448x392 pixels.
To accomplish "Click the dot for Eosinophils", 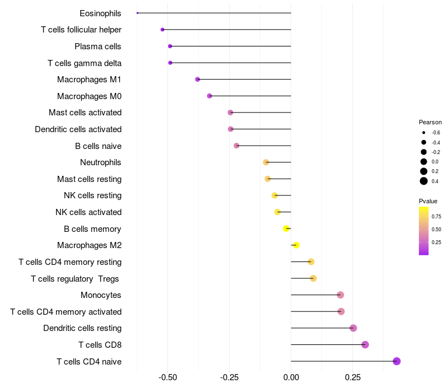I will [x=137, y=13].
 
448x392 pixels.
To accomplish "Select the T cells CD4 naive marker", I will [x=396, y=361].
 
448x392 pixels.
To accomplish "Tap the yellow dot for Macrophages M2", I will [x=296, y=245].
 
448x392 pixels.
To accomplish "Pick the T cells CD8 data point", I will [x=365, y=344].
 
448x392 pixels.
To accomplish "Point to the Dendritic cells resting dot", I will [x=353, y=328].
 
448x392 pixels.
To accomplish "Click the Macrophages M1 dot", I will [x=198, y=80].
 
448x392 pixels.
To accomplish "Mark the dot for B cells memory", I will [x=286, y=228].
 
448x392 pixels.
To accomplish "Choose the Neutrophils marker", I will [x=266, y=162].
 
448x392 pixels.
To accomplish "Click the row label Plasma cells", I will [x=98, y=46].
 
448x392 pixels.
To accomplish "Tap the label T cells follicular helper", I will [x=81, y=29].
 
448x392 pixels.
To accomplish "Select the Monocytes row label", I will [x=101, y=295].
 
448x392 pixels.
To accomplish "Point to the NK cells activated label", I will [x=88, y=212].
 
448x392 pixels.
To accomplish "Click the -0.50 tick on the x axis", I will [x=168, y=378].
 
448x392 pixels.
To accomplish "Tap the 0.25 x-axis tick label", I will [x=352, y=378].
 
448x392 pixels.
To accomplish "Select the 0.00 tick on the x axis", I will [x=291, y=378].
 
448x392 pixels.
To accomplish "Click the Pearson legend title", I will [x=430, y=122].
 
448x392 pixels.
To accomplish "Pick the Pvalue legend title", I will [x=428, y=201].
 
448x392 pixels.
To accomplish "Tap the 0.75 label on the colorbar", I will [x=436, y=216].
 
